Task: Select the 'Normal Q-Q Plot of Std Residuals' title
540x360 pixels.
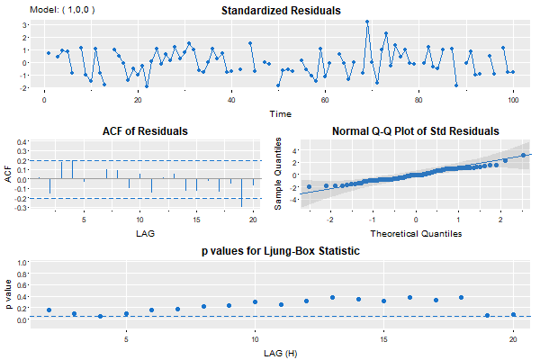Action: tap(414, 131)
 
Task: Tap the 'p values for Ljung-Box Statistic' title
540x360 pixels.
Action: tap(281, 251)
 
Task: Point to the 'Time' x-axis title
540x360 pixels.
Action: tap(281, 114)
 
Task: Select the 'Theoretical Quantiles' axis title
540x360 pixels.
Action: tap(416, 233)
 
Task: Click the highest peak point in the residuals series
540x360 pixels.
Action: tap(367, 22)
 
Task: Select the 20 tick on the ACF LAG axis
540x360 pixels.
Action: tap(253, 218)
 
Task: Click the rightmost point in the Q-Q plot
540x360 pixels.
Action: tap(524, 156)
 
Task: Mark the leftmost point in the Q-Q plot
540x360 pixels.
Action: tap(309, 187)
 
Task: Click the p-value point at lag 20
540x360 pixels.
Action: tap(513, 314)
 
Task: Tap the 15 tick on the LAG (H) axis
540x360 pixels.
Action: tap(383, 340)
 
